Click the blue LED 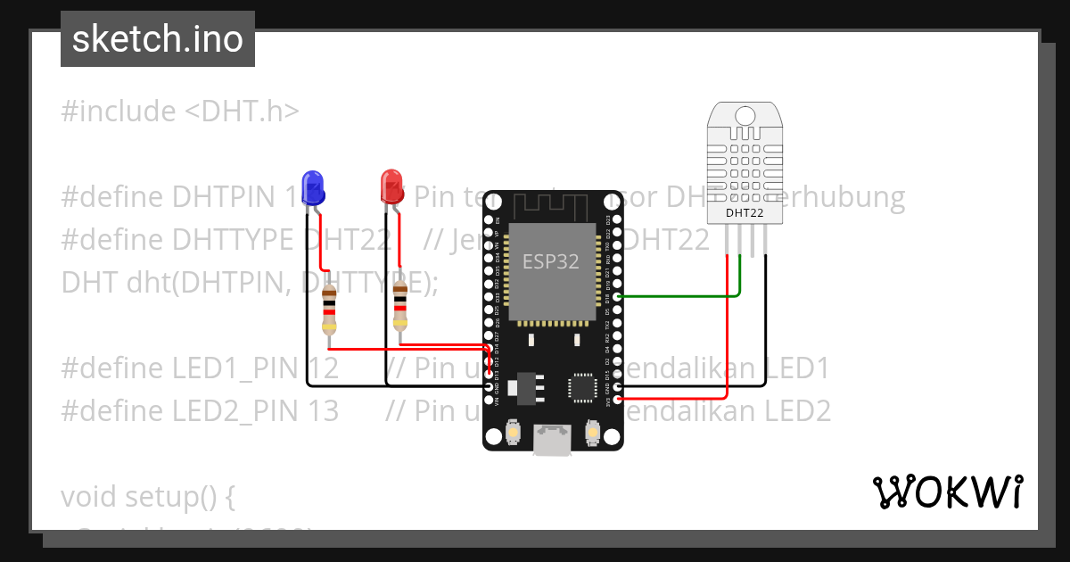[x=313, y=186]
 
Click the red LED [x=391, y=186]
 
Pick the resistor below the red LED [x=400, y=305]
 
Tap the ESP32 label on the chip [x=550, y=261]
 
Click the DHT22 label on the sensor [x=743, y=212]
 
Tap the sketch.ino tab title [x=158, y=39]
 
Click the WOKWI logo [x=947, y=492]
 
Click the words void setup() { [x=148, y=496]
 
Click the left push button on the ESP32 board [x=513, y=434]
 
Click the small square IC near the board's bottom [x=583, y=388]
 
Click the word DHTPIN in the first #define [x=223, y=196]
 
